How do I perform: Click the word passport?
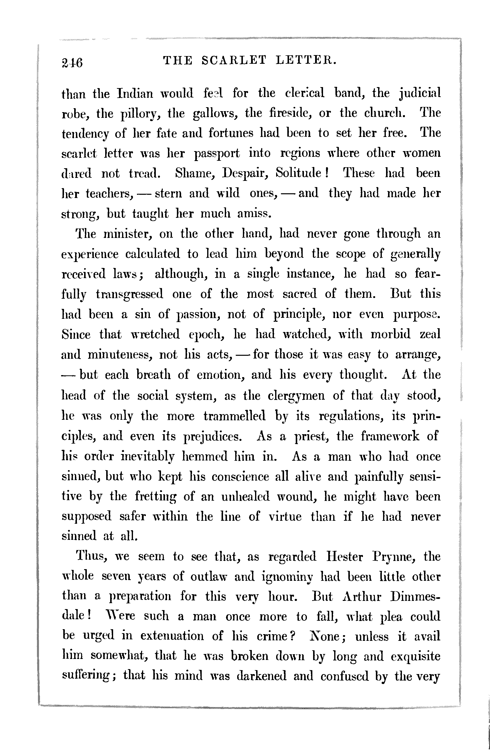pos(217,154)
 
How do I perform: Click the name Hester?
pos(345,557)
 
